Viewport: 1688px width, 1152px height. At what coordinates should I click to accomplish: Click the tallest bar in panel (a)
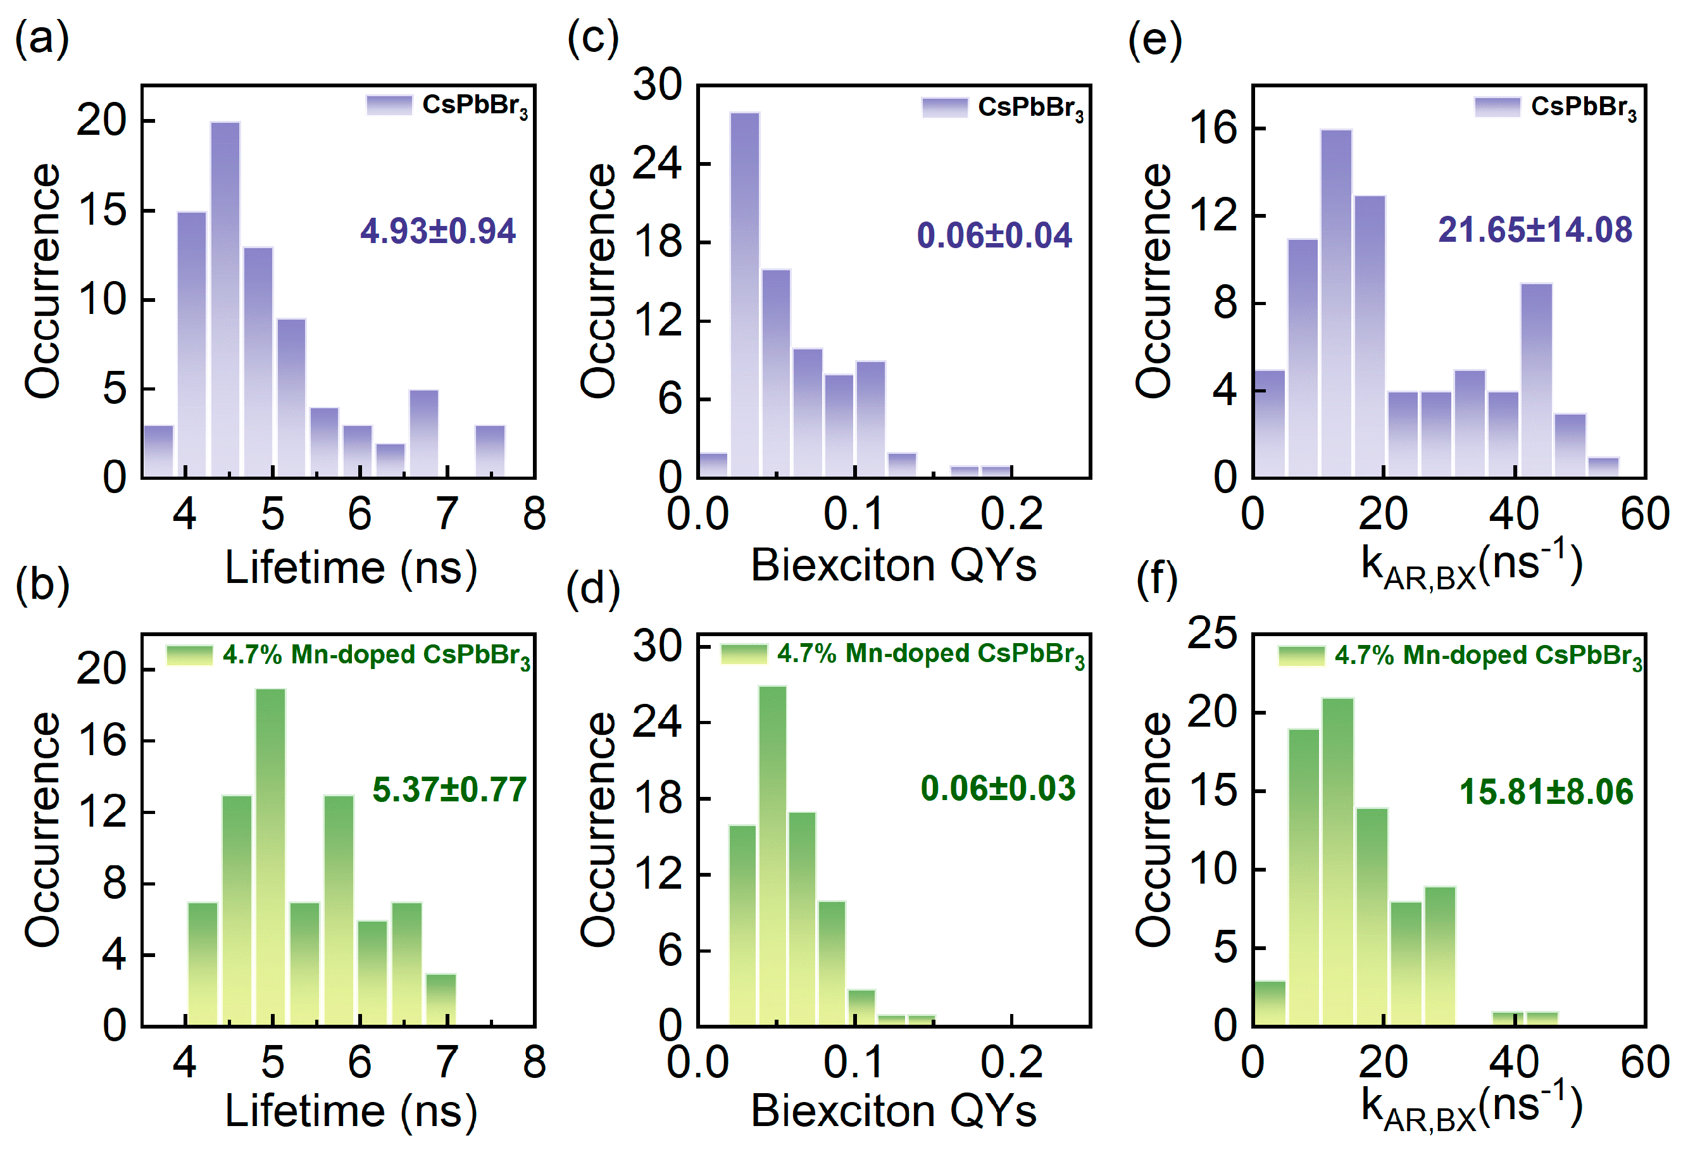[x=225, y=297]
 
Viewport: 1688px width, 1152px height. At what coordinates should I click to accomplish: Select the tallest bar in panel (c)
[x=744, y=294]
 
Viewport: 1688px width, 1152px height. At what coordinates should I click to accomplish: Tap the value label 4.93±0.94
[x=438, y=231]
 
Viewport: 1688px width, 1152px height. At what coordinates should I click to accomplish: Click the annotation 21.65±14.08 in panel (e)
[x=1535, y=230]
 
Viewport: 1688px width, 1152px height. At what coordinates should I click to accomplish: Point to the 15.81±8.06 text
[x=1546, y=792]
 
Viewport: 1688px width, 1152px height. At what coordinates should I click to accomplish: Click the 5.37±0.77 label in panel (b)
[x=449, y=789]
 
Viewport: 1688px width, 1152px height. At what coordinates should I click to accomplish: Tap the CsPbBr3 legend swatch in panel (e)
[x=1497, y=107]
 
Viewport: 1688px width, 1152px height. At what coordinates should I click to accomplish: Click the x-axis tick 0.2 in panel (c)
[x=1012, y=514]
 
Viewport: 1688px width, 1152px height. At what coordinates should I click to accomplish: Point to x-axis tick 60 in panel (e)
[x=1644, y=514]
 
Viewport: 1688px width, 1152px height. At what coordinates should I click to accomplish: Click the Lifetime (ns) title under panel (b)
[x=351, y=1111]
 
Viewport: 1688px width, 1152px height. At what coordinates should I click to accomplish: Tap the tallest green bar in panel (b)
[x=271, y=857]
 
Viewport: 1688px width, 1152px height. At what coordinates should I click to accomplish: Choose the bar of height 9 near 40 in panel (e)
[x=1536, y=380]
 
